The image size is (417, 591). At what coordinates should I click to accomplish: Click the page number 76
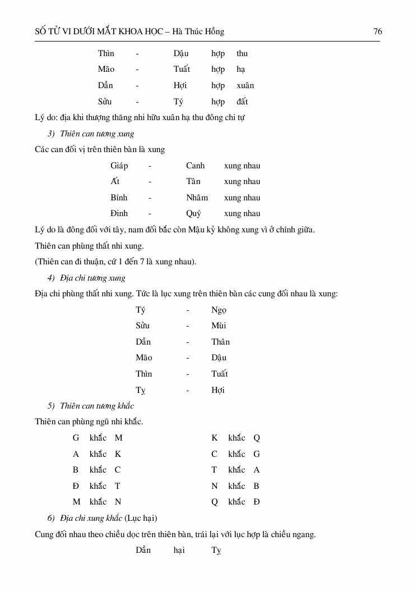378,31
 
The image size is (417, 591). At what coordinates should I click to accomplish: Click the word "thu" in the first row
242,53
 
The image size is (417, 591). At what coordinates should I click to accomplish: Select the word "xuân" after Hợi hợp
245,85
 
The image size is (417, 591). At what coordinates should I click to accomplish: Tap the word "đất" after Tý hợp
242,102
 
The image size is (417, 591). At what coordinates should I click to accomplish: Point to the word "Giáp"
119,166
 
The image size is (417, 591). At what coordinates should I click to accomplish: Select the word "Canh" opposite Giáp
196,166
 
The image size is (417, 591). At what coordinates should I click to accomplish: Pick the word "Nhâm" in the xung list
197,198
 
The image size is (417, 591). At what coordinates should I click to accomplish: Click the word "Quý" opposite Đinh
193,214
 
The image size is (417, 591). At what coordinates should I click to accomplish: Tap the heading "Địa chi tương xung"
92,278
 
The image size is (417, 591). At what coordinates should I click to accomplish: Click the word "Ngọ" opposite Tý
219,310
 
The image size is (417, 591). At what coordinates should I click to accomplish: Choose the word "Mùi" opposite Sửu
219,326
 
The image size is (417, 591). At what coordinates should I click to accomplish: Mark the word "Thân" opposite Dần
220,342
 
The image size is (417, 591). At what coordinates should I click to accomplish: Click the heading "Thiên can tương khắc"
97,406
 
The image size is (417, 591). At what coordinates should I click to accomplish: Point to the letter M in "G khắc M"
119,438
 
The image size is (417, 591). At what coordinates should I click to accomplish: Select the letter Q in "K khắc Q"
257,438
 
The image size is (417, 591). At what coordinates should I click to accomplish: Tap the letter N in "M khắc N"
118,502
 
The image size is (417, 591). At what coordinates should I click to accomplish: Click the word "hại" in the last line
179,550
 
